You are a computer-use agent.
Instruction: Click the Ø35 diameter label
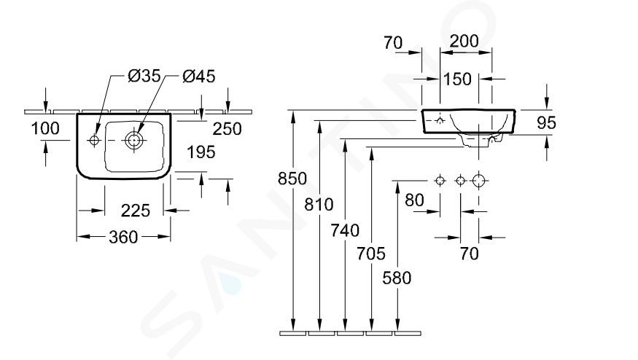pyautogui.click(x=144, y=76)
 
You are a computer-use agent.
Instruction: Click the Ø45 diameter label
pyautogui.click(x=199, y=76)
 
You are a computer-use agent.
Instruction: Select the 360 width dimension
pyautogui.click(x=123, y=237)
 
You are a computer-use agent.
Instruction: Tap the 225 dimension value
pyautogui.click(x=136, y=211)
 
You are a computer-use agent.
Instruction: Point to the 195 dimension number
pyautogui.click(x=201, y=152)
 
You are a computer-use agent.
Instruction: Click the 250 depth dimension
pyautogui.click(x=227, y=129)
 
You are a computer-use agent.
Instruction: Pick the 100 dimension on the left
pyautogui.click(x=45, y=128)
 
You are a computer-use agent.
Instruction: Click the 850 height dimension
pyautogui.click(x=292, y=179)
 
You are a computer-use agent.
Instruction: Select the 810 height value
pyautogui.click(x=319, y=205)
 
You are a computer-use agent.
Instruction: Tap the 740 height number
pyautogui.click(x=345, y=230)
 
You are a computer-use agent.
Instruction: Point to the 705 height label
pyautogui.click(x=371, y=254)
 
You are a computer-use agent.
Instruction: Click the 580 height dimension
pyautogui.click(x=397, y=278)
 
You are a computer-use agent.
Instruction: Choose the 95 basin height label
pyautogui.click(x=546, y=122)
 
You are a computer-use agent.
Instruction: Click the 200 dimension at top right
pyautogui.click(x=464, y=41)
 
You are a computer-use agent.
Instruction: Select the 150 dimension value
pyautogui.click(x=457, y=79)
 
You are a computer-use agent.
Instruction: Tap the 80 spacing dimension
pyautogui.click(x=415, y=200)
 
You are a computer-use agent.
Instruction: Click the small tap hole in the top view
pyautogui.click(x=94, y=141)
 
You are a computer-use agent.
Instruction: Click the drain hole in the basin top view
pyautogui.click(x=133, y=141)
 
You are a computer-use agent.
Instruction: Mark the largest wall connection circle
pyautogui.click(x=479, y=180)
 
